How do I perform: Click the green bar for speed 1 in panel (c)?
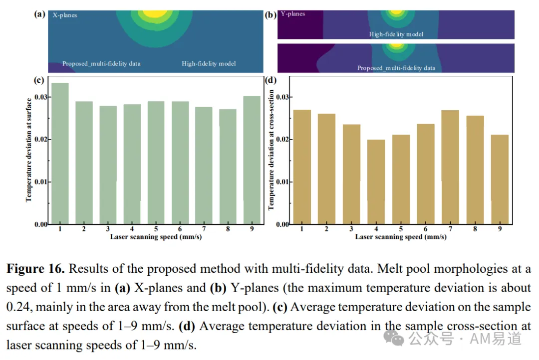pos(60,154)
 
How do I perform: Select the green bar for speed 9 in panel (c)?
pos(252,160)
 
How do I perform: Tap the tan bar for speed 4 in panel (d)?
pos(376,182)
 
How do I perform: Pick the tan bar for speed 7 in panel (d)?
pos(450,168)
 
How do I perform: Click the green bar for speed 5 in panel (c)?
pos(156,163)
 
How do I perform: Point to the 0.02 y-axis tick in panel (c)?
pos(41,140)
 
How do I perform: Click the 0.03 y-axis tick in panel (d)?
pos(282,97)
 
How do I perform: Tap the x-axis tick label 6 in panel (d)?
pos(426,229)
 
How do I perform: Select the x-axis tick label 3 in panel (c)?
pos(108,229)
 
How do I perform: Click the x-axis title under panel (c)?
pos(156,237)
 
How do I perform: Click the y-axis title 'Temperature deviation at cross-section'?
pos(271,150)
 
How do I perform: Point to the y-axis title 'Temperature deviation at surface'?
pos(28,150)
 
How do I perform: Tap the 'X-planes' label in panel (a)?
pos(64,15)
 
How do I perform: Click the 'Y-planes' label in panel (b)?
pos(293,14)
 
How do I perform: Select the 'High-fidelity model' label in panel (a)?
pos(209,63)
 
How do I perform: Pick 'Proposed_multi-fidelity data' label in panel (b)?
pos(396,68)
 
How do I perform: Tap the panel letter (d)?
pos(270,80)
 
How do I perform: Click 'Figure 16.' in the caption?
pos(35,269)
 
